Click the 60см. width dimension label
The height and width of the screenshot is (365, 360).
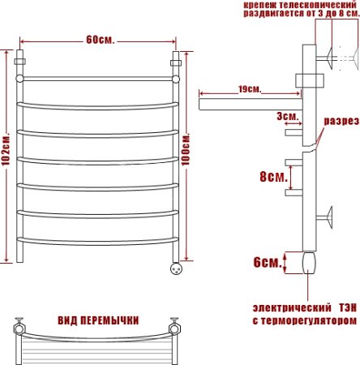coord(97,41)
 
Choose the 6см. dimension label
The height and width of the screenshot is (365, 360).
coord(267,262)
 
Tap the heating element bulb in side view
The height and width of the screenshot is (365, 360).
coord(309,264)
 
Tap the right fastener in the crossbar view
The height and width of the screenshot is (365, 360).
coord(173,328)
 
